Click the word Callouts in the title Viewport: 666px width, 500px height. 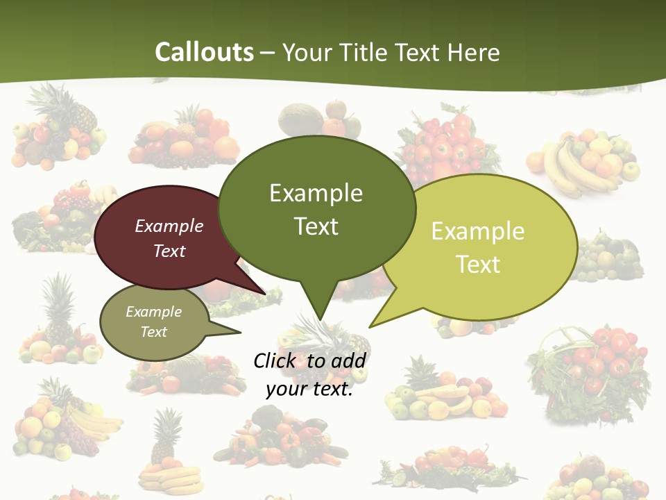(x=204, y=52)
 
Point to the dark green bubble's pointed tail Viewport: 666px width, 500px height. (x=320, y=306)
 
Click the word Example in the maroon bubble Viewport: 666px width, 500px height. (x=169, y=226)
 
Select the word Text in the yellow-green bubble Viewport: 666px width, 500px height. (x=478, y=265)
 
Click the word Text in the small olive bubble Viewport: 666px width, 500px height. (x=154, y=332)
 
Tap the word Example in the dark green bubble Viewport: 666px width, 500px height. (x=316, y=192)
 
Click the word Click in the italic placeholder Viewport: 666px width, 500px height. (x=275, y=360)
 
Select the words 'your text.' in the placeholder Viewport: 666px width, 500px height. (x=309, y=390)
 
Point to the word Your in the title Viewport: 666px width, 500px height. (x=307, y=52)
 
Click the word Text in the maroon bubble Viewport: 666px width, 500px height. (x=169, y=251)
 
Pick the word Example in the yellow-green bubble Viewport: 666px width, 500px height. (x=478, y=231)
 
